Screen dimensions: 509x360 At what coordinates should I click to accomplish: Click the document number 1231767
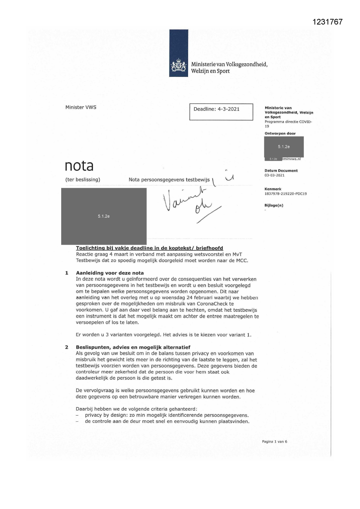[x=328, y=22]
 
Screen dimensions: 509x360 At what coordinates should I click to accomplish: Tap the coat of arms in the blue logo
[x=178, y=66]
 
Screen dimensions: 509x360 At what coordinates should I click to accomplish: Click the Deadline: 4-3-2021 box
[x=221, y=112]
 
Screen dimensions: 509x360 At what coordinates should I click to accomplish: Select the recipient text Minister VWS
[x=81, y=107]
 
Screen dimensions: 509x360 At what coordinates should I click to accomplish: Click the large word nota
[x=79, y=166]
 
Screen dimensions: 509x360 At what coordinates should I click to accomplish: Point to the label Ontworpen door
[x=280, y=133]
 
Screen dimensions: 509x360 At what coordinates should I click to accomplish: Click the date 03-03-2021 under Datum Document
[x=274, y=175]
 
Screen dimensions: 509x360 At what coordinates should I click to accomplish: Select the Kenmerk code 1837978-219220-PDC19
[x=285, y=194]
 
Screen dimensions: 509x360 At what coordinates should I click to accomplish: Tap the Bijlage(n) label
[x=274, y=205]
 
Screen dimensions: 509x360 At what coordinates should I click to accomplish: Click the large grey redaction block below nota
[x=104, y=216]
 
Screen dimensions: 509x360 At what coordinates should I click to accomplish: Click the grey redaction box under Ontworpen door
[x=284, y=147]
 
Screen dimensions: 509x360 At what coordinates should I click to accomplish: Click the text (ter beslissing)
[x=83, y=180]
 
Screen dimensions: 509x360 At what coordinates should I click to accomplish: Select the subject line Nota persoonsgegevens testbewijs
[x=169, y=180]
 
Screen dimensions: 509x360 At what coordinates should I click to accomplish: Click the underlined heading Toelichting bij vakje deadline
[x=149, y=248]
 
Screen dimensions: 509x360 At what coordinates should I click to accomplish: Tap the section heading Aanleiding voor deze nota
[x=110, y=273]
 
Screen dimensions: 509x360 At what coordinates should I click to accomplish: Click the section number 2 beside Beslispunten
[x=67, y=347]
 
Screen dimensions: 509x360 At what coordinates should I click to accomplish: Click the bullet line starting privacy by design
[x=167, y=415]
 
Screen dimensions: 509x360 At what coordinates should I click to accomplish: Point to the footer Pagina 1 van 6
[x=274, y=442]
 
